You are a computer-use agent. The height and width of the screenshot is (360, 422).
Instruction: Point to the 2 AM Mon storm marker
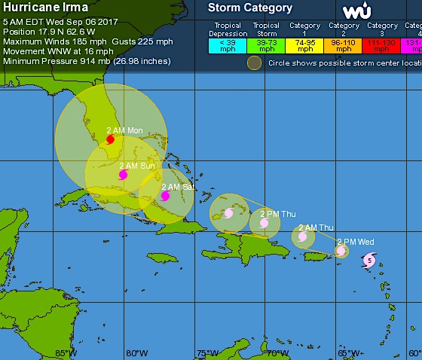point(110,139)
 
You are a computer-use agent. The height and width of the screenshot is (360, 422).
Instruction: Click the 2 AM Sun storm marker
point(123,175)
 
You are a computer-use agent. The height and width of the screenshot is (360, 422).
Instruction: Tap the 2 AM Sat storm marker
point(165,196)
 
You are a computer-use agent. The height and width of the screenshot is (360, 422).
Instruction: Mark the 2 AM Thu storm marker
point(302,236)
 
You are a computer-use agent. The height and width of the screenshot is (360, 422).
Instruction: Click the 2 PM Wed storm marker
point(341,251)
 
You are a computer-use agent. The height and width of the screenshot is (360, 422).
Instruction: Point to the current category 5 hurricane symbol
point(368,261)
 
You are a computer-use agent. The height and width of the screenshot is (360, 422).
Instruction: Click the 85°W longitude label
point(64,352)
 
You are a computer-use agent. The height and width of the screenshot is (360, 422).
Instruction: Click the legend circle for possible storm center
point(255,63)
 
